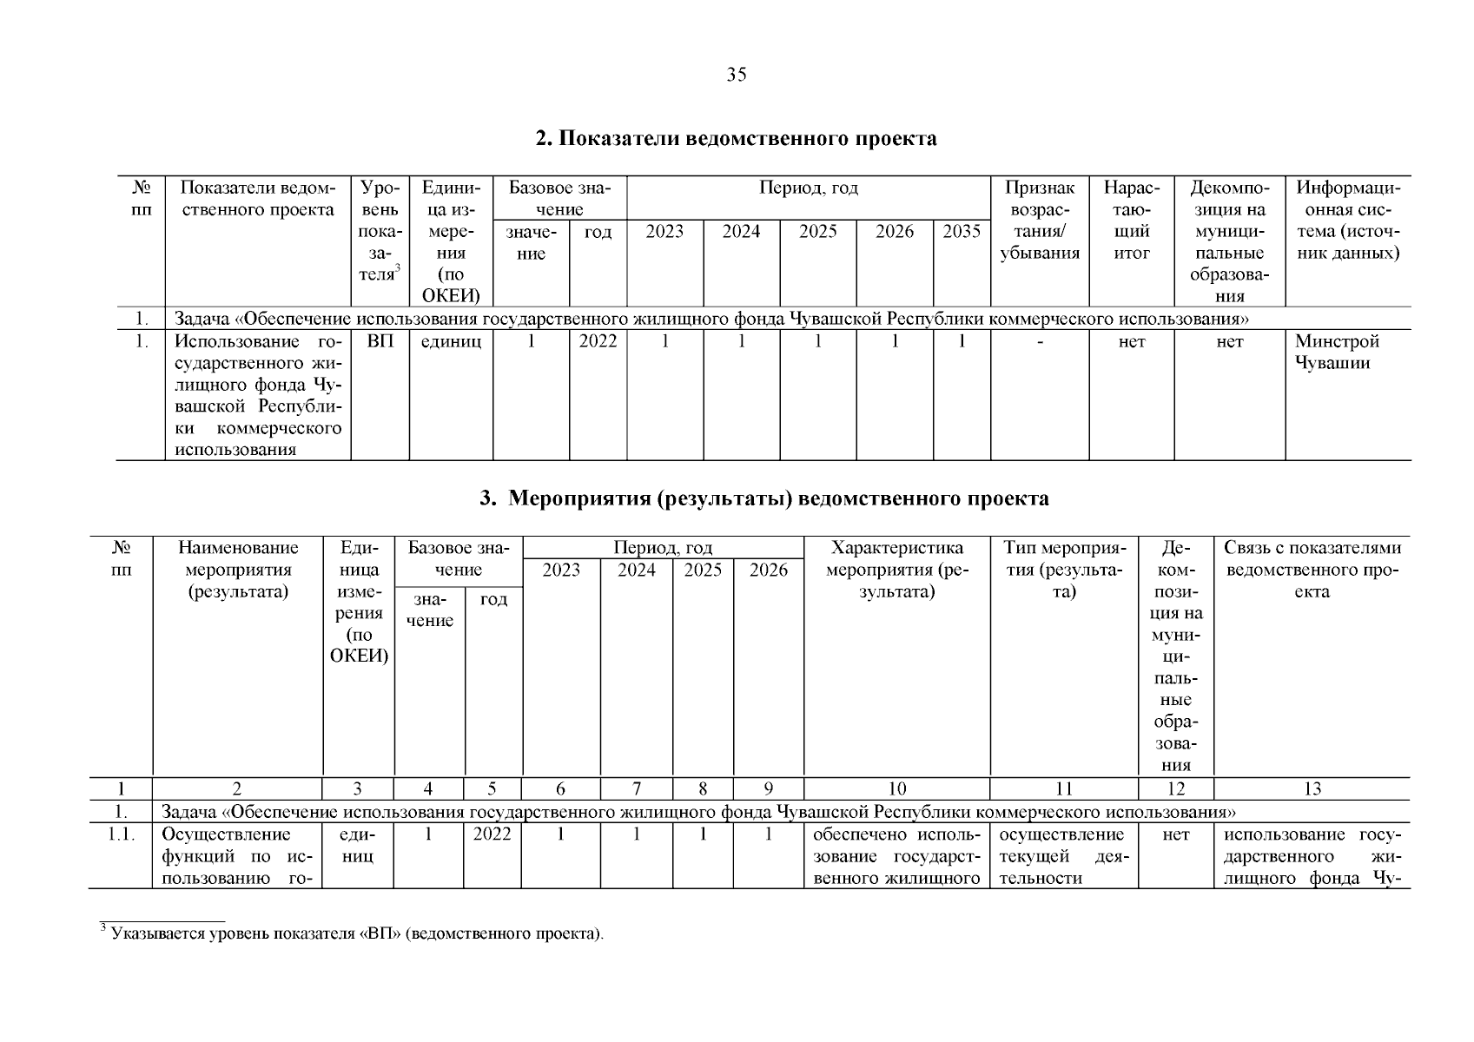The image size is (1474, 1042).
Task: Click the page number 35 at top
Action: [736, 75]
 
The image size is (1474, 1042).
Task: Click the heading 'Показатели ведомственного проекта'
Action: [736, 139]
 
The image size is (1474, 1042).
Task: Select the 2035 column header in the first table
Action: [961, 232]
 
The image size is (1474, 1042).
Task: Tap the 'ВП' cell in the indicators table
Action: [380, 342]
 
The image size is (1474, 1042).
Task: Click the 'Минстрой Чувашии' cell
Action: [1337, 353]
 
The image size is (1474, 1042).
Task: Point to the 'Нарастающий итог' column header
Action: [1131, 221]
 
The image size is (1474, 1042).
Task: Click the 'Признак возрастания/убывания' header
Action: [1039, 221]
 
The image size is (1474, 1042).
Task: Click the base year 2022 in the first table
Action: [598, 342]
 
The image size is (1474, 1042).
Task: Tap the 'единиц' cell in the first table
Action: [451, 342]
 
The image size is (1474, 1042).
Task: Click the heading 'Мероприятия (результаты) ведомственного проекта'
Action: [764, 499]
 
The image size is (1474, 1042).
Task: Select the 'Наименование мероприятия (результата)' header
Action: [238, 570]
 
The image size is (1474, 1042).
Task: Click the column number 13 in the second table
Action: [1312, 788]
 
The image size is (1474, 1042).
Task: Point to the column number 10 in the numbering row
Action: [896, 788]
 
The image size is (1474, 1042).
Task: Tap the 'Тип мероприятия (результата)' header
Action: [1063, 570]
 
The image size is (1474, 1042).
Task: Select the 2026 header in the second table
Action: [768, 570]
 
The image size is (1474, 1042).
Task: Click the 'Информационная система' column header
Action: [1347, 221]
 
